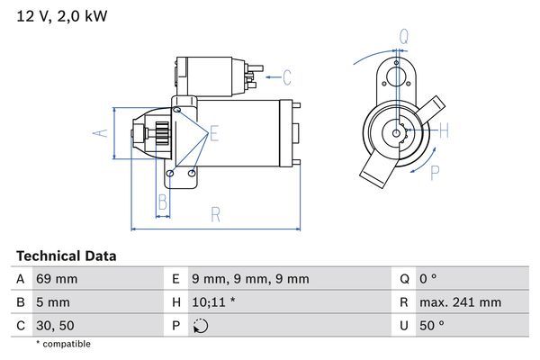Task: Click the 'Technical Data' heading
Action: point(66,256)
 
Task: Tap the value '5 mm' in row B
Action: point(51,301)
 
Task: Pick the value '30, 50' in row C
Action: point(54,324)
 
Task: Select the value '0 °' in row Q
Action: point(429,279)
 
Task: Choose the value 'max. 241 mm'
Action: point(460,301)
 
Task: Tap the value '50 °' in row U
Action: point(433,324)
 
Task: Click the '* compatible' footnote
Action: point(63,344)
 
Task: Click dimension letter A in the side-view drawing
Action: point(102,133)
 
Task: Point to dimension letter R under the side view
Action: point(216,214)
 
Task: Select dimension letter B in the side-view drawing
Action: point(163,200)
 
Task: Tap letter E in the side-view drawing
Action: point(214,135)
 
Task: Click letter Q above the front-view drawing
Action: point(404,37)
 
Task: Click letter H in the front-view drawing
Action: point(444,131)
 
